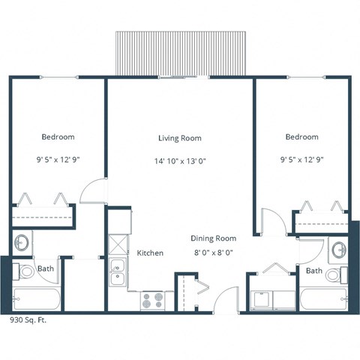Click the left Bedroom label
(x=58, y=137)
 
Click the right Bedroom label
(x=301, y=137)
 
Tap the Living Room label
(x=179, y=138)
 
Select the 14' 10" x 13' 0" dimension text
(x=179, y=160)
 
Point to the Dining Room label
(x=213, y=238)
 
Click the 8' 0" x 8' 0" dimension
(x=213, y=253)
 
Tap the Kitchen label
(x=150, y=253)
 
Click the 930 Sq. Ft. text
(x=31, y=319)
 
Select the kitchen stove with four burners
(x=152, y=300)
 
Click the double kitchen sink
(x=117, y=274)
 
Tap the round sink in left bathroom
(x=22, y=242)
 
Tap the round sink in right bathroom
(x=337, y=248)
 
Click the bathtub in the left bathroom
(x=37, y=298)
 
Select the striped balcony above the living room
(x=180, y=53)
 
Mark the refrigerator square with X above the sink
(x=117, y=244)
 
